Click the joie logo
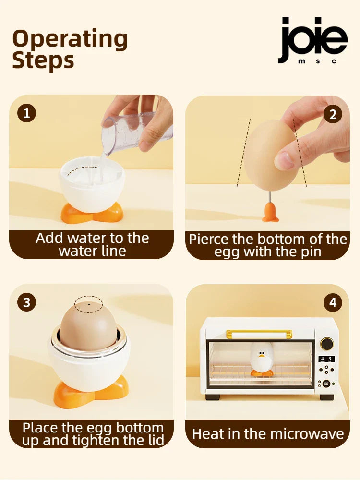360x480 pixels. (312, 40)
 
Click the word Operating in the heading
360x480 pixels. (70, 39)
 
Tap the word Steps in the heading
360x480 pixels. (43, 61)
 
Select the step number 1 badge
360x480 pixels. (26, 113)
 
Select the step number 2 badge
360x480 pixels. (333, 114)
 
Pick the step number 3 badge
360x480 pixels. (26, 302)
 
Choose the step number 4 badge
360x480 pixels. (333, 302)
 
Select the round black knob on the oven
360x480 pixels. (326, 344)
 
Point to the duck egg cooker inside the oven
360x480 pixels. (262, 360)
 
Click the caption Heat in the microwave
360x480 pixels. (268, 434)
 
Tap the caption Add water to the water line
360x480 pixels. (92, 244)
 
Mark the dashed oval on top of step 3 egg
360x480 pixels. (88, 304)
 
